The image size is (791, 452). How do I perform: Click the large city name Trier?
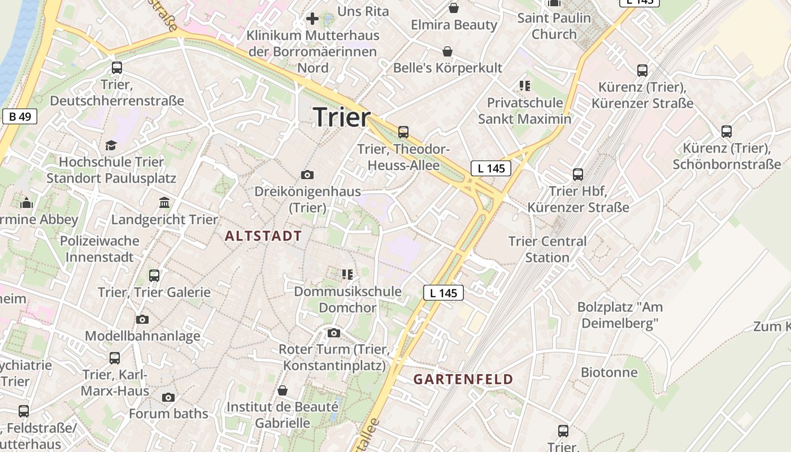[342, 117]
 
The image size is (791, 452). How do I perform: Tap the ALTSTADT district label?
[263, 236]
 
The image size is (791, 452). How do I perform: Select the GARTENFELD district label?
[463, 379]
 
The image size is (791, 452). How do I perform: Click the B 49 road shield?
[20, 116]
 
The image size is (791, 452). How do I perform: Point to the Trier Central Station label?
[547, 249]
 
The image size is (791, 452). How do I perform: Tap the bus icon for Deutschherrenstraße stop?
[117, 68]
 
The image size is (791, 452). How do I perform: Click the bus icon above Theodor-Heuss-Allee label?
[403, 132]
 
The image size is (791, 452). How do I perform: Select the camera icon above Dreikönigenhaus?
[307, 175]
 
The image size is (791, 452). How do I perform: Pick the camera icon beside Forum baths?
[168, 398]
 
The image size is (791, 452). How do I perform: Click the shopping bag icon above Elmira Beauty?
[453, 8]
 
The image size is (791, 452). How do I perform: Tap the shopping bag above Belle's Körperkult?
[447, 52]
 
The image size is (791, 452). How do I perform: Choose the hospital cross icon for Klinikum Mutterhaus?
[312, 19]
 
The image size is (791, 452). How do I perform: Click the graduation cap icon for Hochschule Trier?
[111, 146]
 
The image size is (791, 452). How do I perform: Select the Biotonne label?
[609, 372]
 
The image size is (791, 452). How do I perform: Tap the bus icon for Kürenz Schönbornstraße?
[727, 132]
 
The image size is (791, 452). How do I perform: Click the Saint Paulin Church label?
[554, 26]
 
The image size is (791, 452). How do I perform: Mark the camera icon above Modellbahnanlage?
[142, 320]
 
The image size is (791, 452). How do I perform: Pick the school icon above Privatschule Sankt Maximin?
[525, 86]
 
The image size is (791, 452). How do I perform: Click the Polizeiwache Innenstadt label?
[99, 249]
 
